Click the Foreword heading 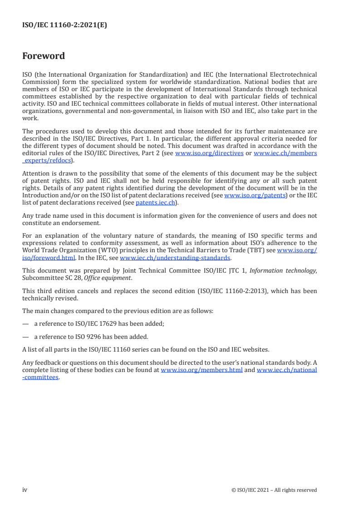(x=44, y=56)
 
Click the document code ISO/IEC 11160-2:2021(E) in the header (x=64, y=25)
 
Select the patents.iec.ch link (x=155, y=202)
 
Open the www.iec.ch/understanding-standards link (x=175, y=258)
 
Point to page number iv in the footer (x=25, y=489)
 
